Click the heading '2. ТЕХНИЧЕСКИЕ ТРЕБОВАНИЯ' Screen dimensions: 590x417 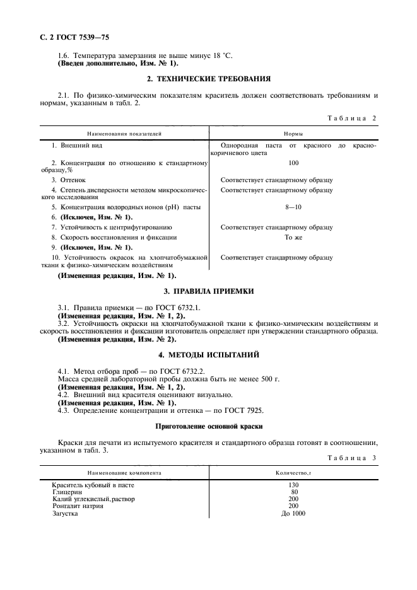(x=208, y=79)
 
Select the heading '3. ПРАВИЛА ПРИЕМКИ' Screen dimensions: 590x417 (x=208, y=291)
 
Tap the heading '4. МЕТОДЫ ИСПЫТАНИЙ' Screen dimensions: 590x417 (x=208, y=355)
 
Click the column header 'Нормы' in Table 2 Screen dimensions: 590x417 (x=292, y=134)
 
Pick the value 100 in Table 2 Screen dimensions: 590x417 (x=293, y=163)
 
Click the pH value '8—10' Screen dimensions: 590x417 (x=293, y=207)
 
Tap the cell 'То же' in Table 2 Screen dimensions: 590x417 (x=293, y=237)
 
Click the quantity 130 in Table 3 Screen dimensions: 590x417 (x=293, y=485)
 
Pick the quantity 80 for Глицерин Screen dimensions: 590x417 (x=293, y=492)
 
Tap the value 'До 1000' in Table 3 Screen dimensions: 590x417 (x=293, y=514)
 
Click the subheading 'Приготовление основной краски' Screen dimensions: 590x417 (x=208, y=426)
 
